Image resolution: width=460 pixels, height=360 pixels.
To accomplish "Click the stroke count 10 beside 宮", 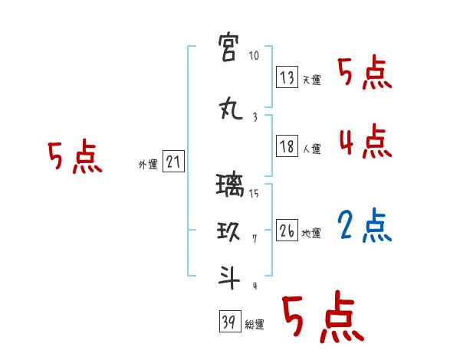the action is [254, 57].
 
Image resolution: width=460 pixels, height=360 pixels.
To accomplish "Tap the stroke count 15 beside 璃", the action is [254, 193].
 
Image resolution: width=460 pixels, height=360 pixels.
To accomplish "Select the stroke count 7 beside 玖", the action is [255, 239].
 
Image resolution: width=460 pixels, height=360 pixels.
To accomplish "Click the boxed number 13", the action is [287, 77].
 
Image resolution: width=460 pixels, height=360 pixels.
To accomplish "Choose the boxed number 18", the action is [287, 146].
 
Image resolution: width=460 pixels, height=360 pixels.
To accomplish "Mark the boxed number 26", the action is [287, 231].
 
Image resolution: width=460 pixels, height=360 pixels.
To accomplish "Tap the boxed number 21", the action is [172, 162].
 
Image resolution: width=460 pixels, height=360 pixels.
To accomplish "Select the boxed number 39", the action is [228, 322].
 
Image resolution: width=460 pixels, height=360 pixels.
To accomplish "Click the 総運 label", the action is [254, 325].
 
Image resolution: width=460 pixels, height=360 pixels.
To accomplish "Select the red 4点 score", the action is [365, 142].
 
